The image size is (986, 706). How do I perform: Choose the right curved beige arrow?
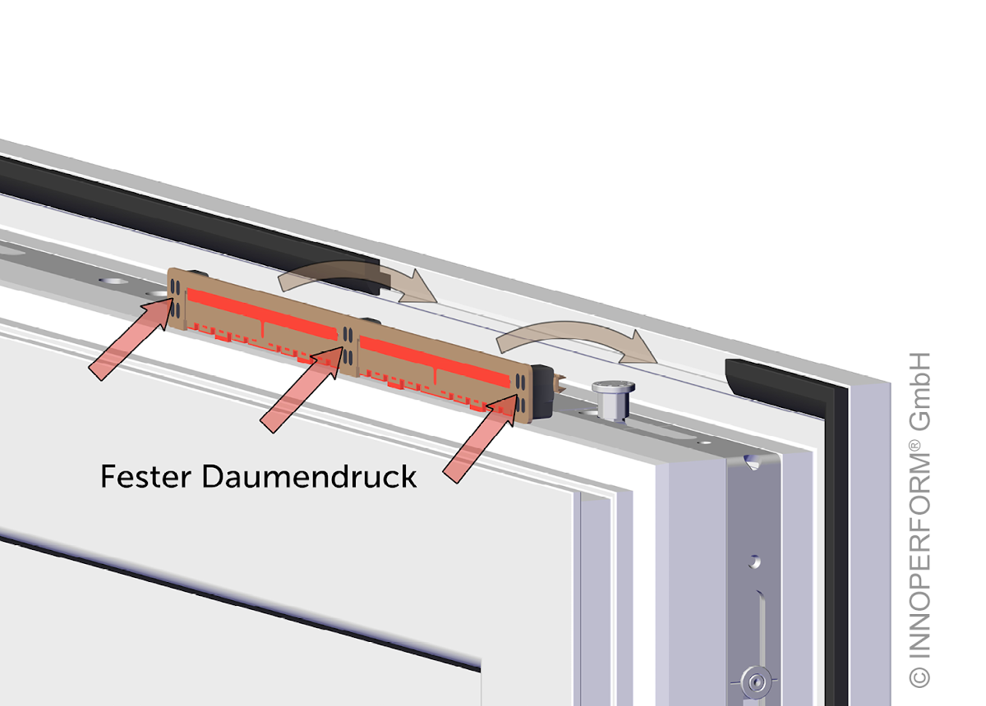575,337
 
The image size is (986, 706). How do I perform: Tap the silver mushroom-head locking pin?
612,399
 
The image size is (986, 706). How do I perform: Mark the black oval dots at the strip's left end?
177,297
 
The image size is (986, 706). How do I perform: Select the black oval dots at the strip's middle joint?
349,345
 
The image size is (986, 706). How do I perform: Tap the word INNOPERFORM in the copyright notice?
919,558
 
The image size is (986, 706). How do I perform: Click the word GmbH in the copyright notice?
919,393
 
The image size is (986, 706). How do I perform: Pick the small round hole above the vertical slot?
753,562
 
